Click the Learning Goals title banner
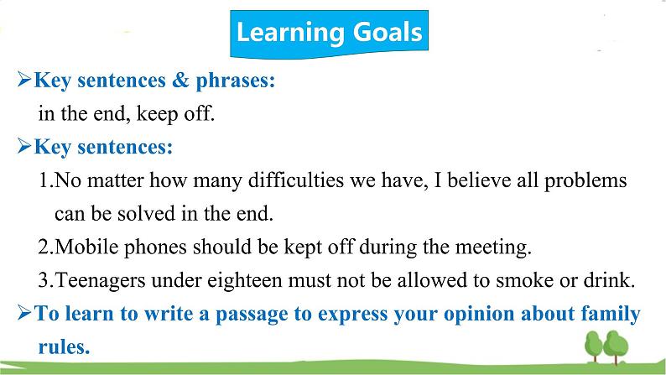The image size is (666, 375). click(x=329, y=34)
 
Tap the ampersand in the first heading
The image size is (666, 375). click(x=180, y=80)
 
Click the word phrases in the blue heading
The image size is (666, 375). click(x=236, y=81)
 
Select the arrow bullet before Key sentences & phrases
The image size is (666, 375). click(x=24, y=80)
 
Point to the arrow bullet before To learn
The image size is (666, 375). click(x=24, y=313)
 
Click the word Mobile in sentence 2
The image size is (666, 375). click(x=86, y=247)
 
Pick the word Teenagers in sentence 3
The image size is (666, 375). click(x=101, y=281)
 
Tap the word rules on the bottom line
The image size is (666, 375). click(x=64, y=346)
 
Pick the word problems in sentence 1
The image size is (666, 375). click(x=585, y=181)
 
